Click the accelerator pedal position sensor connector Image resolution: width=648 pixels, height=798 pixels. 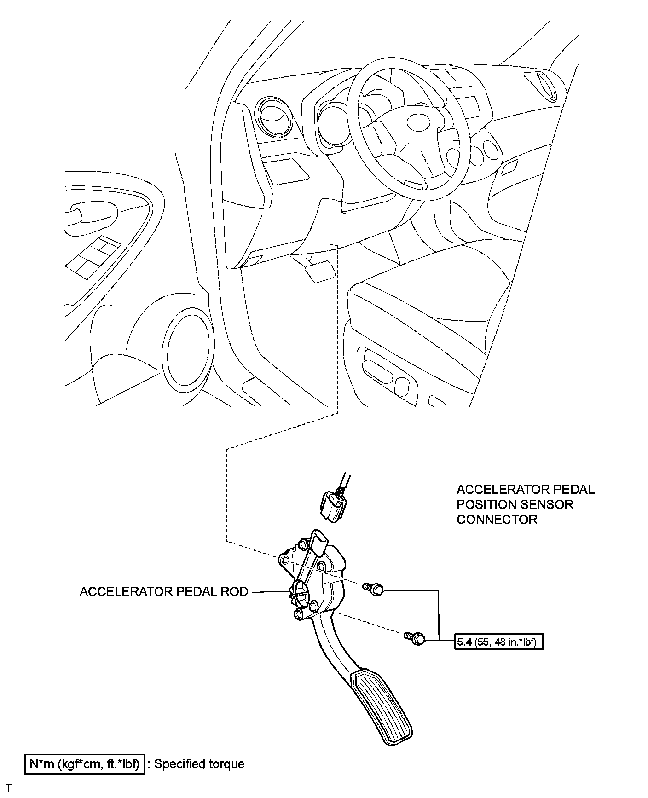[x=333, y=507]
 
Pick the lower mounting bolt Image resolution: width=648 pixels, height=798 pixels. [x=415, y=638]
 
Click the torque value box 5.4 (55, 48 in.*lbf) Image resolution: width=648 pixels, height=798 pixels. [x=499, y=642]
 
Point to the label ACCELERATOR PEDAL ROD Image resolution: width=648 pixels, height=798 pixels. [x=164, y=591]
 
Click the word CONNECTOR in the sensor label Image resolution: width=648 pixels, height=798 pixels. [x=497, y=520]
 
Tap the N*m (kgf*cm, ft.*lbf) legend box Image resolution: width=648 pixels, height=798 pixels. [x=85, y=764]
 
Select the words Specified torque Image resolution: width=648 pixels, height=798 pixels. [x=199, y=764]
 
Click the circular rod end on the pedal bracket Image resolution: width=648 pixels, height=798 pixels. [x=300, y=590]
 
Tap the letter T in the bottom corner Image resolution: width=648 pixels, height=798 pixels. [x=8, y=788]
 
